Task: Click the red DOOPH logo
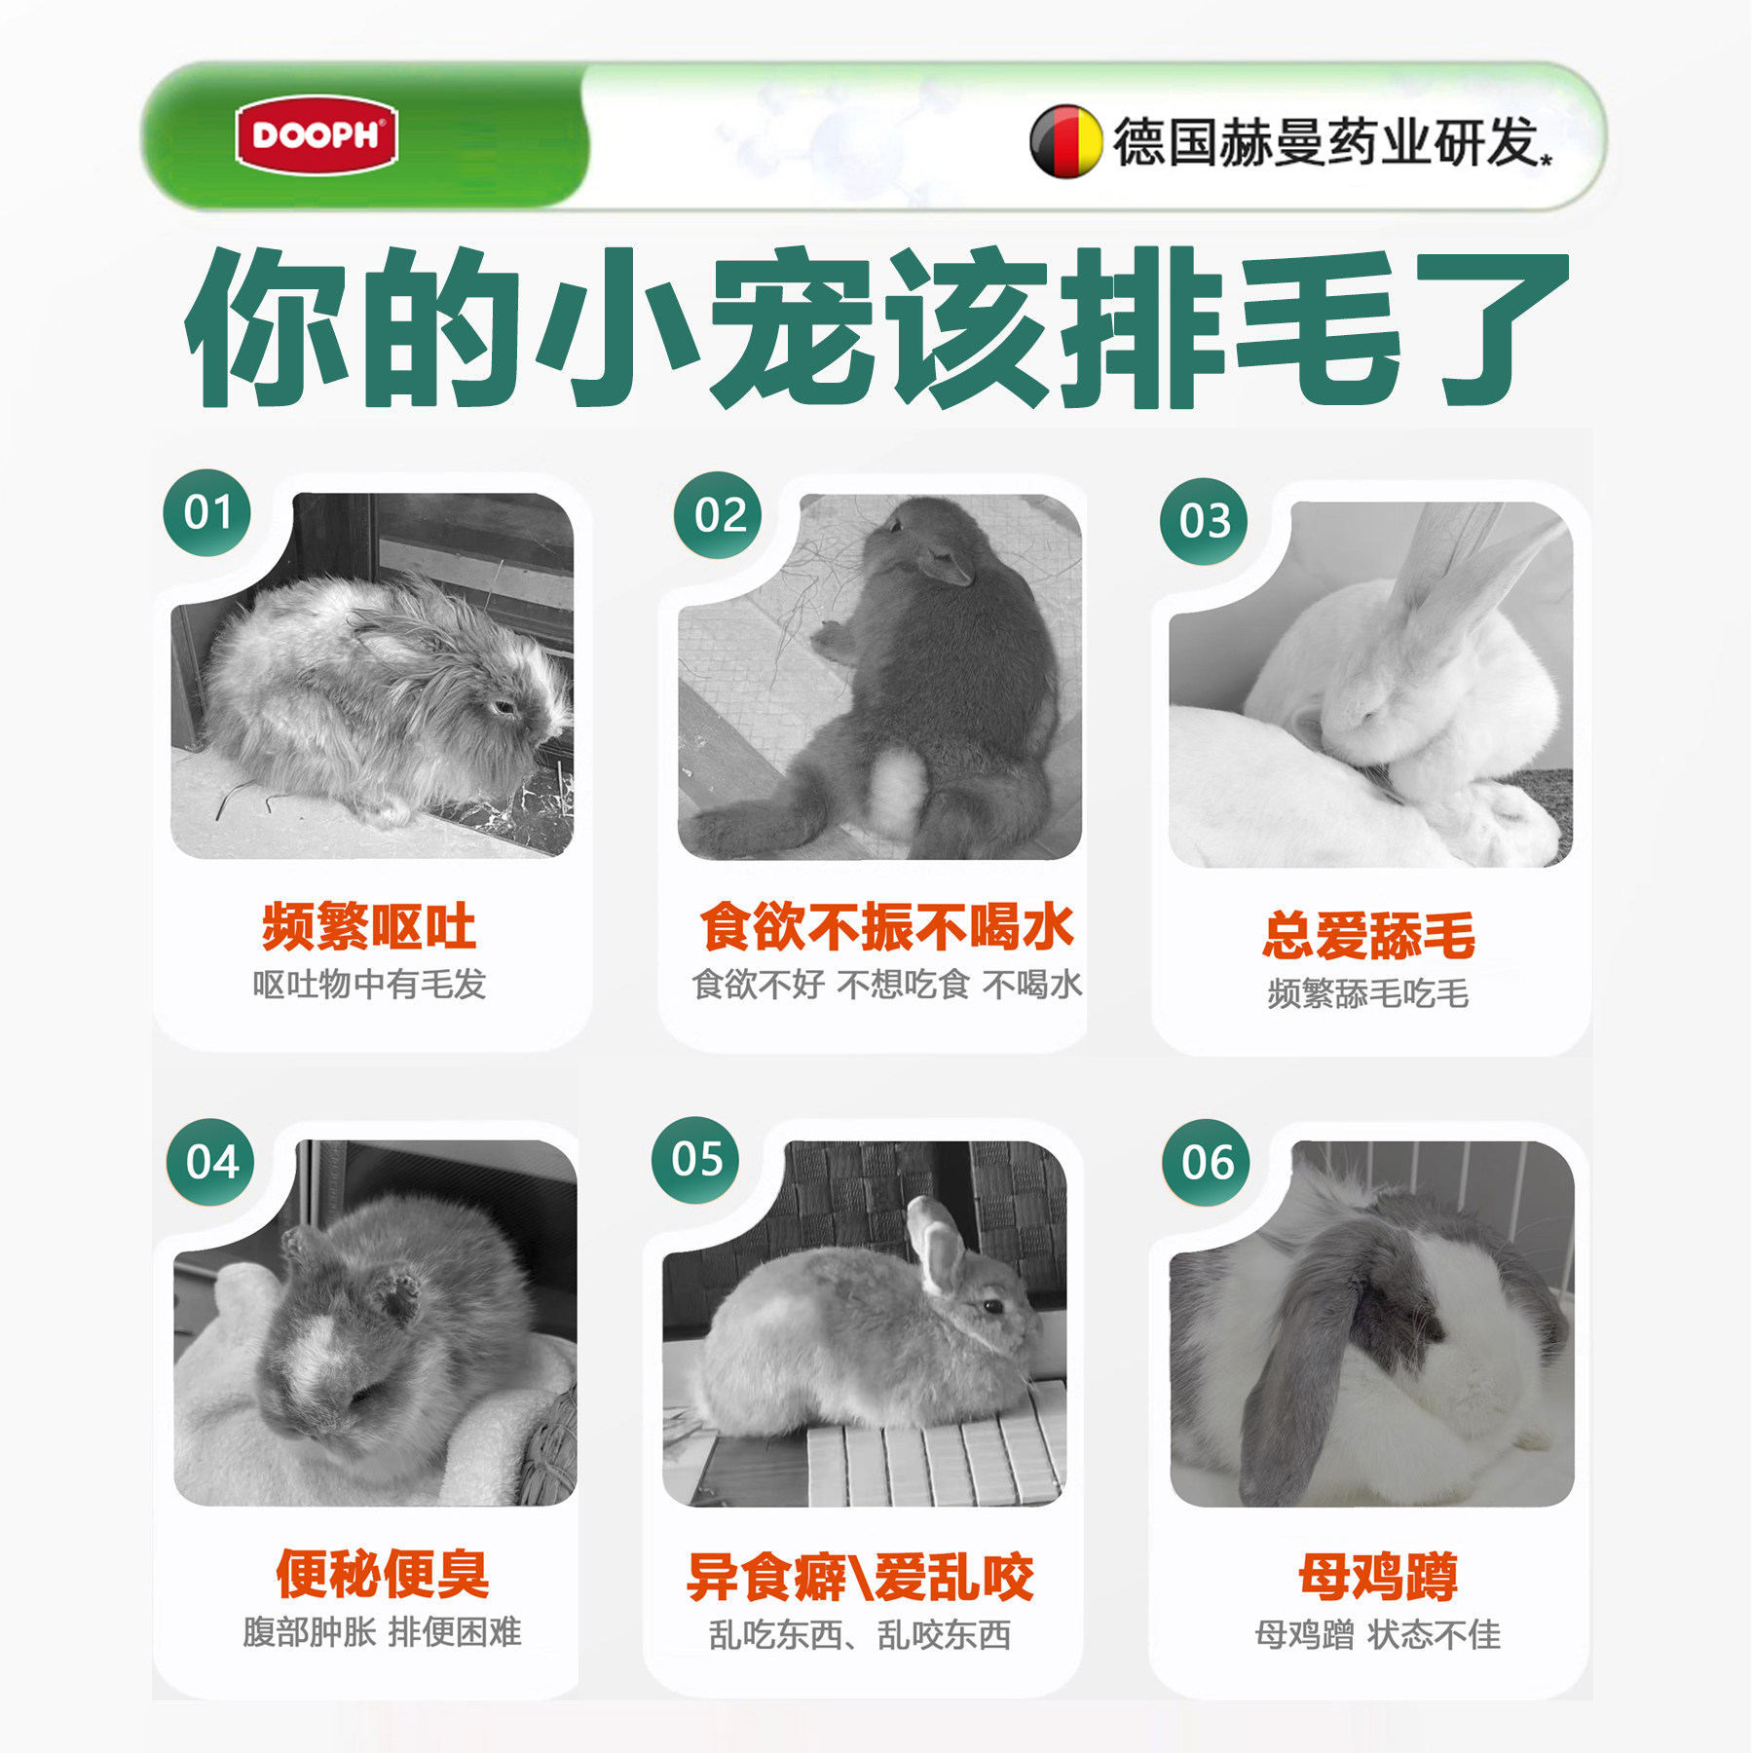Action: [x=317, y=134]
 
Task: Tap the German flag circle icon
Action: [x=1065, y=142]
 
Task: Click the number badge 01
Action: [x=206, y=512]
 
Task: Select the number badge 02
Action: [x=719, y=515]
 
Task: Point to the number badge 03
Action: [x=1204, y=521]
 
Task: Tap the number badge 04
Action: [x=211, y=1162]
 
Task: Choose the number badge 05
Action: [x=695, y=1159]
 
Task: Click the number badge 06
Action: [x=1207, y=1162]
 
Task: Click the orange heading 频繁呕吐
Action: [x=369, y=926]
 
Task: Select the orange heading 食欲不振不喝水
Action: [x=886, y=926]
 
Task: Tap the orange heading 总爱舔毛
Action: [x=1368, y=936]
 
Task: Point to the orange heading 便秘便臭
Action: [x=382, y=1574]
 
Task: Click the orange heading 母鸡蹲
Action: [x=1377, y=1577]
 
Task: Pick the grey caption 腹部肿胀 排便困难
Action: [x=382, y=1632]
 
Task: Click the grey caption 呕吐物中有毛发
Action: [x=369, y=985]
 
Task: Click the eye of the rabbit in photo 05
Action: [x=992, y=1306]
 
